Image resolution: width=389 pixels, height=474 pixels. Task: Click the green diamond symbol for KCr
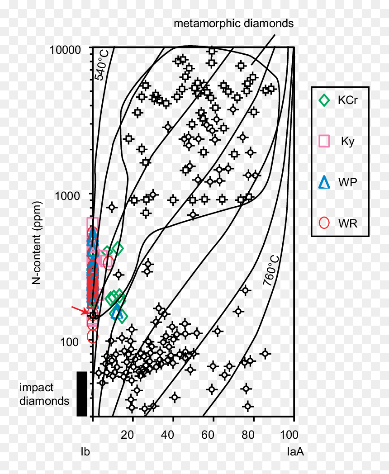tap(324, 100)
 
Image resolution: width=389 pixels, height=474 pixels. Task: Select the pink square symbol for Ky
tap(324, 141)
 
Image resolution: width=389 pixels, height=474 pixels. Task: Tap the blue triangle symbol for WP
tap(324, 182)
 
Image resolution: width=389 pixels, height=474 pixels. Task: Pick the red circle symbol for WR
tap(324, 223)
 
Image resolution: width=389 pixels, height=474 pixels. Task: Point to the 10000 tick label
tap(65, 50)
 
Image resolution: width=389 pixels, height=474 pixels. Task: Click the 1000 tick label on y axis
tap(68, 196)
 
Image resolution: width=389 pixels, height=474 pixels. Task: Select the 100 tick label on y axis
tap(70, 342)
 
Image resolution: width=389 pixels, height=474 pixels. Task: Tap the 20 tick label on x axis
tap(127, 435)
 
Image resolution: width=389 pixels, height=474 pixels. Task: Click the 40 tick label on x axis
tap(167, 435)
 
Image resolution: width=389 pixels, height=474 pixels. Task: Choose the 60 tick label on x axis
tap(208, 435)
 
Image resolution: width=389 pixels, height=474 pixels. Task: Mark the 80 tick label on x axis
tap(248, 435)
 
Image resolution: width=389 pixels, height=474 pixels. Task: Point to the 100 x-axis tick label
tap(289, 435)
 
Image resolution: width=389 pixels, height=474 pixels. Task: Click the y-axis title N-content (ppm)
tap(37, 243)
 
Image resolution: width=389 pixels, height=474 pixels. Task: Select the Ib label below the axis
tap(85, 452)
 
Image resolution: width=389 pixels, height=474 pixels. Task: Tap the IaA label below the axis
tap(295, 452)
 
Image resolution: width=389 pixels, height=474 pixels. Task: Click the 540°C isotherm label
tap(102, 65)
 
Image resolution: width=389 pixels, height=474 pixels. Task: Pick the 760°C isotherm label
tap(271, 271)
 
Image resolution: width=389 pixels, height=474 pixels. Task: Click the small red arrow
tap(80, 310)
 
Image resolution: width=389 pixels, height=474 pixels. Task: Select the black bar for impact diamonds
tap(82, 394)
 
